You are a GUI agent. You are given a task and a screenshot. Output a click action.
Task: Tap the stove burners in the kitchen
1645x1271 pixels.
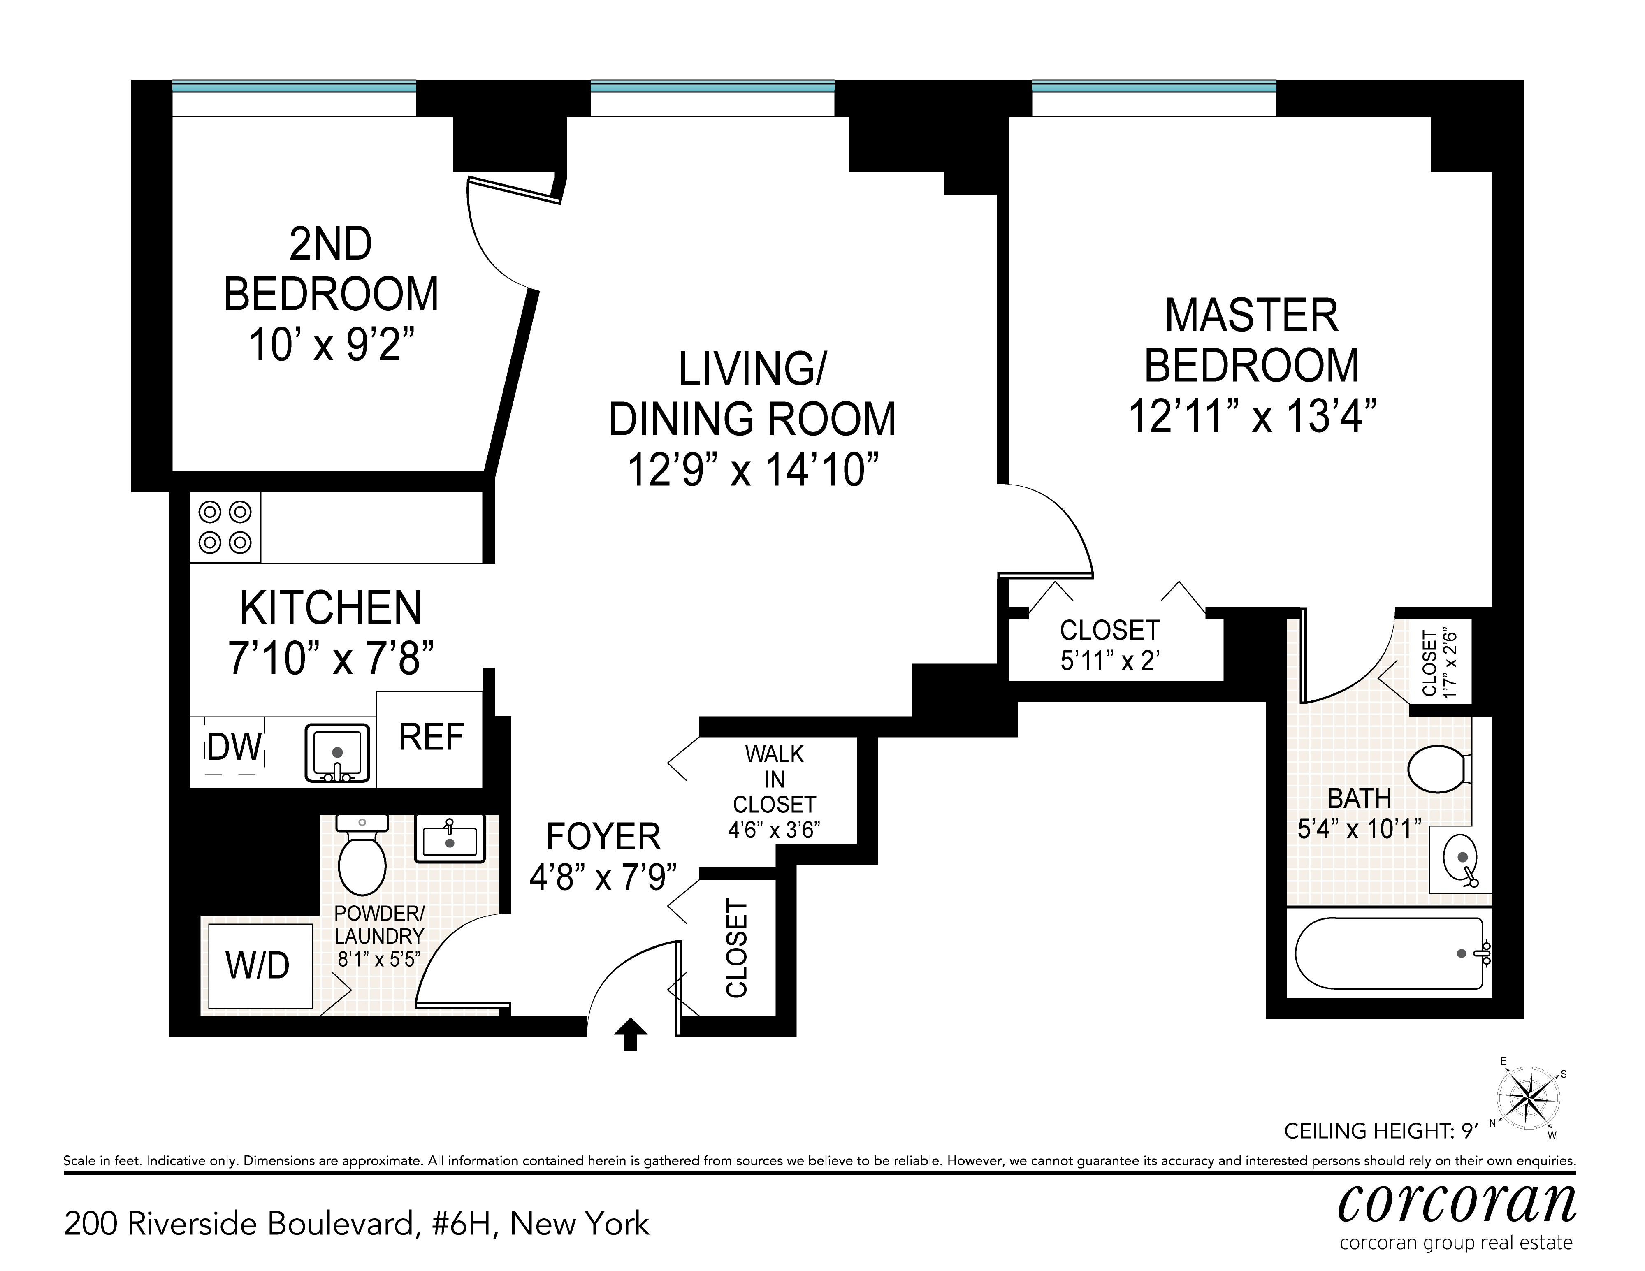[225, 527]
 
